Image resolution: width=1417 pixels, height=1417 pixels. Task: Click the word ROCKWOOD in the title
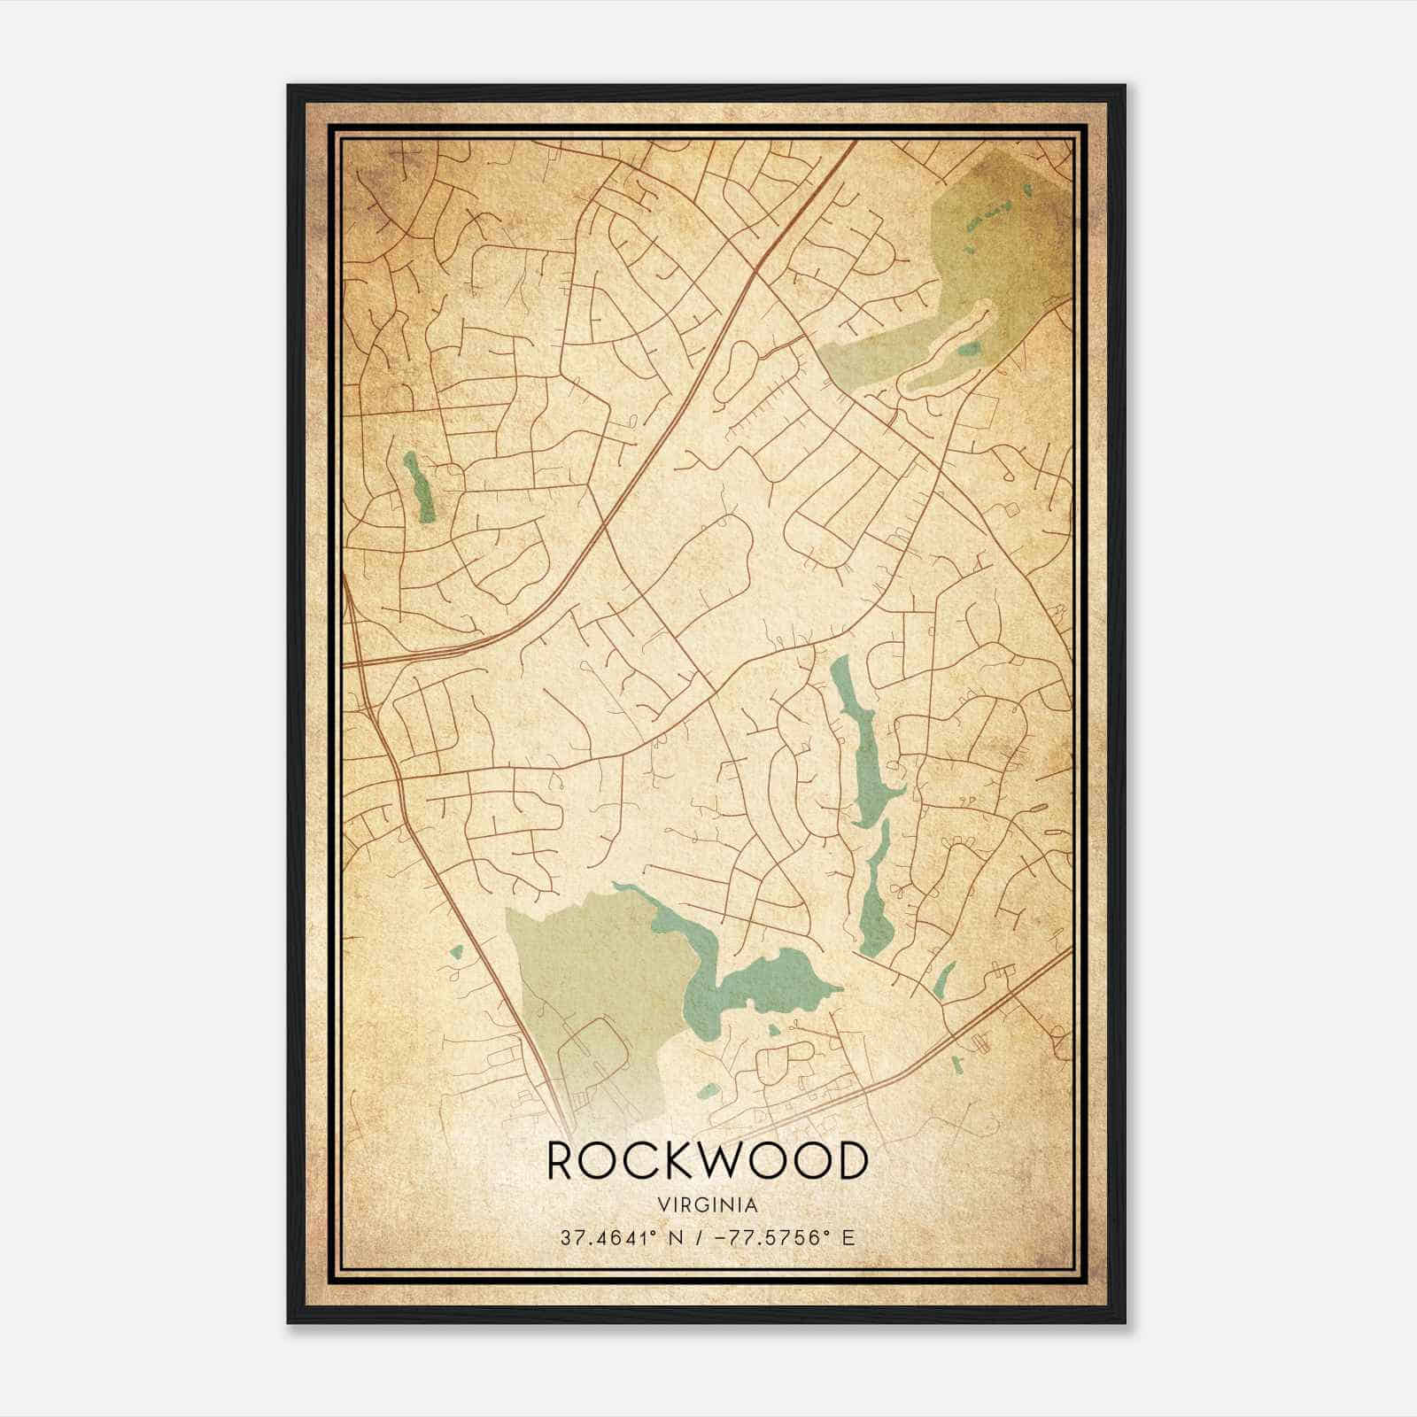pos(706,1162)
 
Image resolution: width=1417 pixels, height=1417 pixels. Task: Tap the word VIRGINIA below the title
pos(707,1205)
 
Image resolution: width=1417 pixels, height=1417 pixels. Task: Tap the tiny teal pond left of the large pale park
pos(456,953)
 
